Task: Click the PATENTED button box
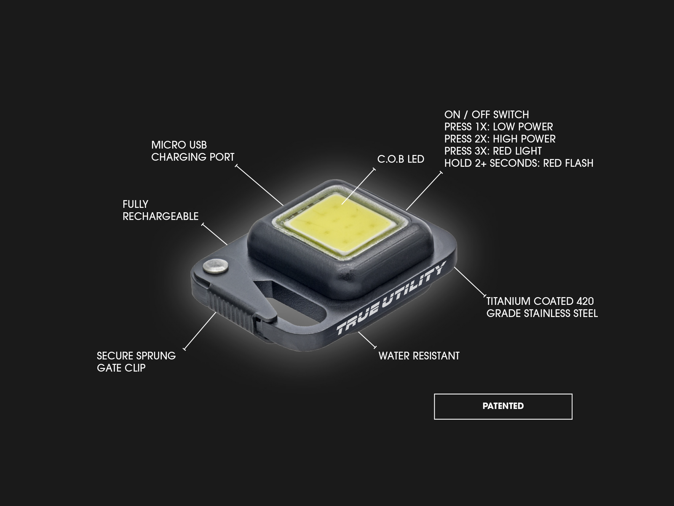(x=503, y=406)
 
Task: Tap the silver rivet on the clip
(x=216, y=266)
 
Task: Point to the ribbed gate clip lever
(x=234, y=310)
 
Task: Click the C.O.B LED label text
(x=401, y=159)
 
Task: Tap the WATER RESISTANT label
(x=419, y=356)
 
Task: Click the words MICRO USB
(x=179, y=145)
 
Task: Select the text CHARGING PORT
(x=193, y=157)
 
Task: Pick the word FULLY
(x=135, y=204)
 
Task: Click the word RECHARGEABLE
(x=160, y=216)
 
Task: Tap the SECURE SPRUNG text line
(x=136, y=356)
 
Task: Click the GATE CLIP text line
(x=121, y=368)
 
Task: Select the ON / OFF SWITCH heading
(x=487, y=115)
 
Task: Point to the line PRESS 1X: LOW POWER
(x=499, y=127)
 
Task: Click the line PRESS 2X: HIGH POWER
(x=500, y=139)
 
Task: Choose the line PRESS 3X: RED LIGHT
(x=493, y=151)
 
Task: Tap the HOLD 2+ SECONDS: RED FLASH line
(x=519, y=163)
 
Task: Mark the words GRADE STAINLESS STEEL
(x=542, y=314)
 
